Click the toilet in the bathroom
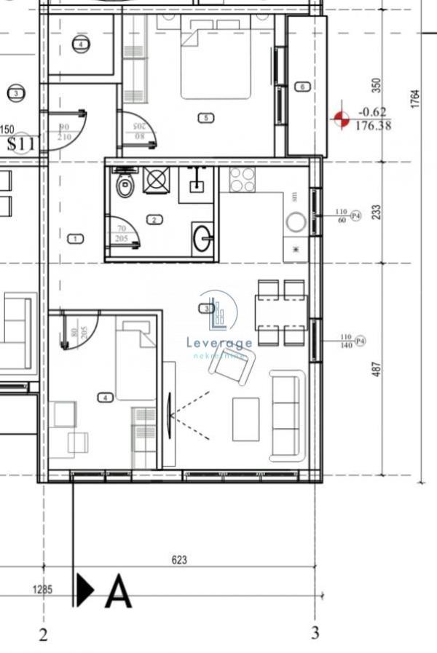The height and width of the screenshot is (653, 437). click(125, 186)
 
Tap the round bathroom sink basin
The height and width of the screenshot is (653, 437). click(202, 237)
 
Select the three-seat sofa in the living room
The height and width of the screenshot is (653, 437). click(287, 416)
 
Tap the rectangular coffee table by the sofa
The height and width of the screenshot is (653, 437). click(245, 419)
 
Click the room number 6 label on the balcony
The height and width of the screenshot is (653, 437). click(302, 87)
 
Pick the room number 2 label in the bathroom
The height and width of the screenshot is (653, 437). click(154, 219)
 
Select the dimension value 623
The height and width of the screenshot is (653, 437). click(179, 560)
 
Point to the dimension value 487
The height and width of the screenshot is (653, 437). click(377, 368)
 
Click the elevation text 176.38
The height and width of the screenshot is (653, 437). click(373, 125)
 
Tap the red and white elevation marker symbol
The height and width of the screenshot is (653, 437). click(342, 119)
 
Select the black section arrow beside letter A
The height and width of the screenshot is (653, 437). click(85, 590)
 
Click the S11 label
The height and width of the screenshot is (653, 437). click(21, 144)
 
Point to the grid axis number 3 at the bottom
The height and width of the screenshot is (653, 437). click(315, 633)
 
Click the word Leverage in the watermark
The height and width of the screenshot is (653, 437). click(219, 343)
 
